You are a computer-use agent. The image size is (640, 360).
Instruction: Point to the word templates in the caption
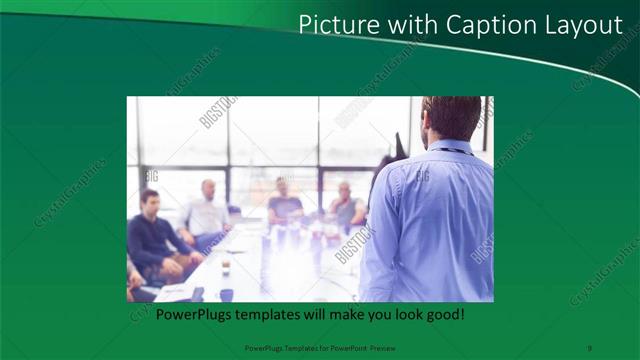pos(270,314)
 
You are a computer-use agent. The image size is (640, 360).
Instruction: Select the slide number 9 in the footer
pos(590,347)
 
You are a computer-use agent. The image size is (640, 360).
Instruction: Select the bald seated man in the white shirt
pos(207,210)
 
